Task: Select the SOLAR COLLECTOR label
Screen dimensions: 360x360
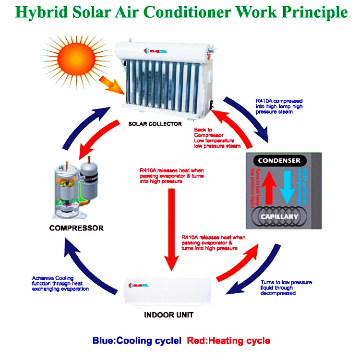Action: pos(155,124)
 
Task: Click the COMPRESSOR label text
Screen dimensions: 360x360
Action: pos(76,228)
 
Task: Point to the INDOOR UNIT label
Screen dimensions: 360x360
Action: pos(169,315)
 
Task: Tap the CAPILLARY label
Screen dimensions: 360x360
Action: pos(279,216)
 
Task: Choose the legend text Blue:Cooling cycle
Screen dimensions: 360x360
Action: pos(137,341)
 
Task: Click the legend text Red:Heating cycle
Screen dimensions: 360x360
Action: pos(228,341)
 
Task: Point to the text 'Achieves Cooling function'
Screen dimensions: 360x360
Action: pos(60,284)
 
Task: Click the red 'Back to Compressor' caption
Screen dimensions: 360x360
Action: pos(216,138)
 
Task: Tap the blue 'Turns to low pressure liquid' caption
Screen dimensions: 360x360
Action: pos(286,288)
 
